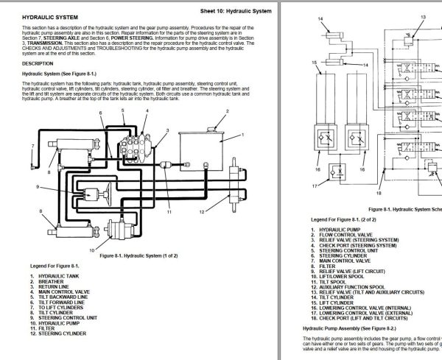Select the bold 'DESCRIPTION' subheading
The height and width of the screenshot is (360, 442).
37,63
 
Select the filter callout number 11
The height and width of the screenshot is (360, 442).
169,212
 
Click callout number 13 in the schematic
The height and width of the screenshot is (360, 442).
423,15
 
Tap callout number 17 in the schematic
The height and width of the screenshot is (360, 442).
315,186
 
